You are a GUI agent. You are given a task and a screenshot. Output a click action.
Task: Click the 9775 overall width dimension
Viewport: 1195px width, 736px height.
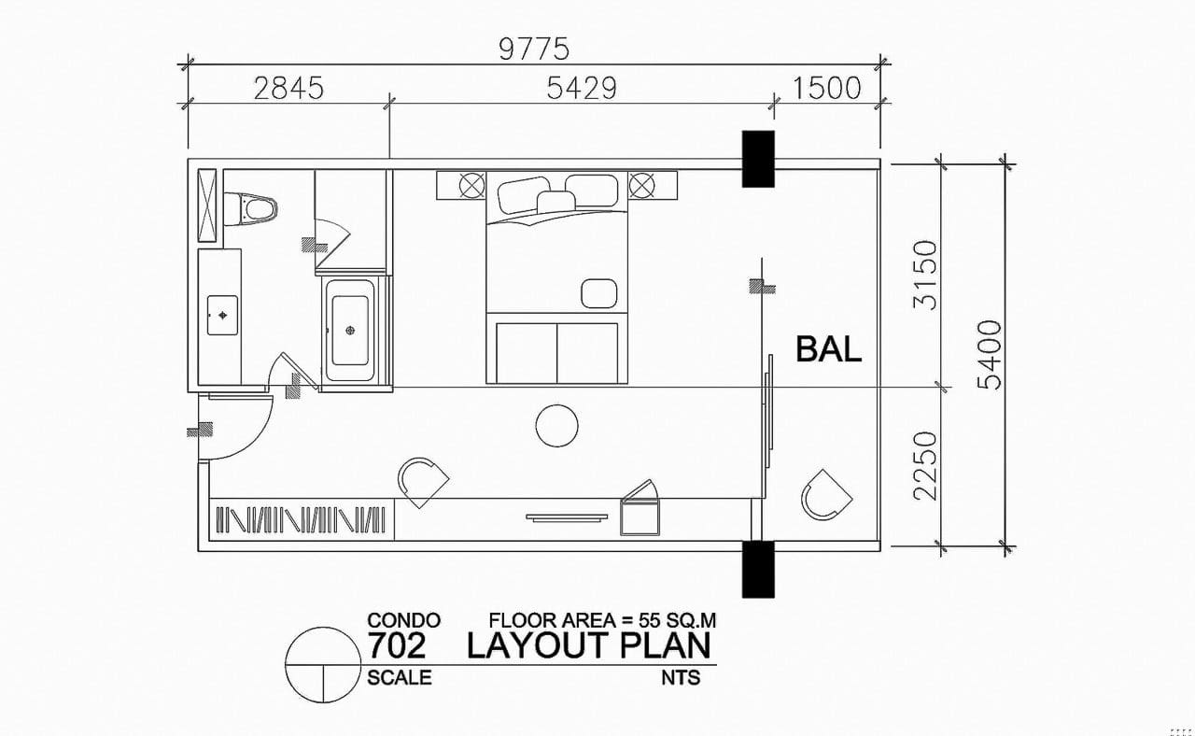(534, 50)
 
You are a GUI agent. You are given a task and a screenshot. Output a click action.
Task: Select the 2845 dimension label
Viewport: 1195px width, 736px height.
(288, 89)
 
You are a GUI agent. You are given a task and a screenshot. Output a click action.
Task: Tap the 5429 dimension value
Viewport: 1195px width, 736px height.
(582, 89)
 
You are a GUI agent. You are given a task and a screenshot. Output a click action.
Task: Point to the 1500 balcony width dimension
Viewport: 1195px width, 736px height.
(827, 89)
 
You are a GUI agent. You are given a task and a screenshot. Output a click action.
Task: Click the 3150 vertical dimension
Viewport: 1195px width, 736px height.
(925, 276)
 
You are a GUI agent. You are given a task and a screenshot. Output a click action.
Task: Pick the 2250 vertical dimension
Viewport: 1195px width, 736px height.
(925, 466)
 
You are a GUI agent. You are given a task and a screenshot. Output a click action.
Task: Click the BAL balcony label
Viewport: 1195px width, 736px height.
(828, 349)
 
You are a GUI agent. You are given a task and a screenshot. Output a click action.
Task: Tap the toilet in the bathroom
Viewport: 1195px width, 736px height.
(250, 208)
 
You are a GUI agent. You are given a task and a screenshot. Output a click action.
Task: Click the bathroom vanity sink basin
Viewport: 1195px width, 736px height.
(222, 316)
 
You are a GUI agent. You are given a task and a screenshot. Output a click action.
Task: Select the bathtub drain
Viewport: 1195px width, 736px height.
(350, 331)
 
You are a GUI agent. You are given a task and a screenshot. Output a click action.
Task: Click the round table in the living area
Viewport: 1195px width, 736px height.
(556, 426)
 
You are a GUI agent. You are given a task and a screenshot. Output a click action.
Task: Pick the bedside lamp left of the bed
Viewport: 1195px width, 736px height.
(472, 185)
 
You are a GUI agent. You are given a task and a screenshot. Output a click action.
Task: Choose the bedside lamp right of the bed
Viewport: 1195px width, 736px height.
(641, 185)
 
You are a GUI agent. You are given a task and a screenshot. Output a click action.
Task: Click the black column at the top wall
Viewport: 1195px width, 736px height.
(758, 159)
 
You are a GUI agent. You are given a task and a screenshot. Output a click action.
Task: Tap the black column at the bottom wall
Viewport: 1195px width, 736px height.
(758, 569)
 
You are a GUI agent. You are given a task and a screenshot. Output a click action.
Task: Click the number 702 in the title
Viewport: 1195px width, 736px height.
(398, 645)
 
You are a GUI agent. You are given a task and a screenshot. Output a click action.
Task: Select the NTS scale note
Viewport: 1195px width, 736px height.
(681, 678)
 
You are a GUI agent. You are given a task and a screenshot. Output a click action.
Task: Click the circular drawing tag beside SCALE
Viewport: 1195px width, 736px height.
(286, 665)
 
